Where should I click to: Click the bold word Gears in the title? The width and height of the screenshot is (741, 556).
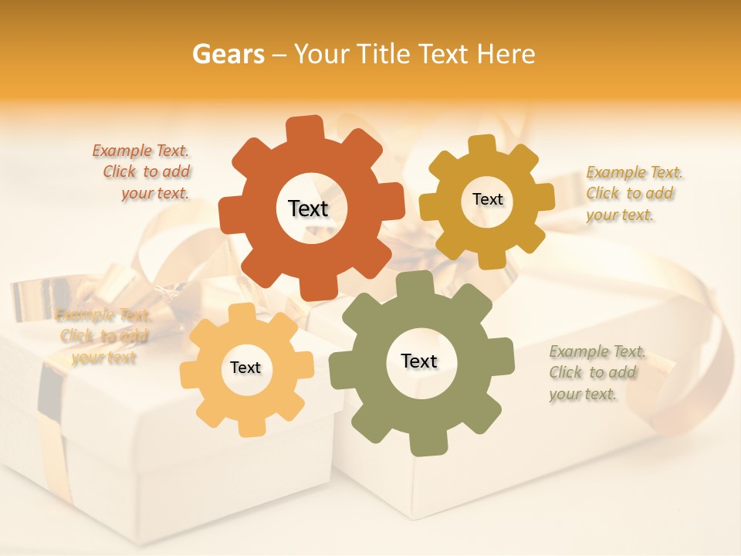pyautogui.click(x=228, y=54)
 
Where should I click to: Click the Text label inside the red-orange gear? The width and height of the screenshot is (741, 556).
pyautogui.click(x=308, y=208)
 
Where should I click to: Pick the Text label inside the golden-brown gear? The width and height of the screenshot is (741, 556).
pyautogui.click(x=487, y=199)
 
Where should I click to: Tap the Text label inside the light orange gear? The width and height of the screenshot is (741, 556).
pyautogui.click(x=245, y=368)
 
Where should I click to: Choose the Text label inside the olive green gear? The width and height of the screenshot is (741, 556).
pyautogui.click(x=419, y=361)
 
